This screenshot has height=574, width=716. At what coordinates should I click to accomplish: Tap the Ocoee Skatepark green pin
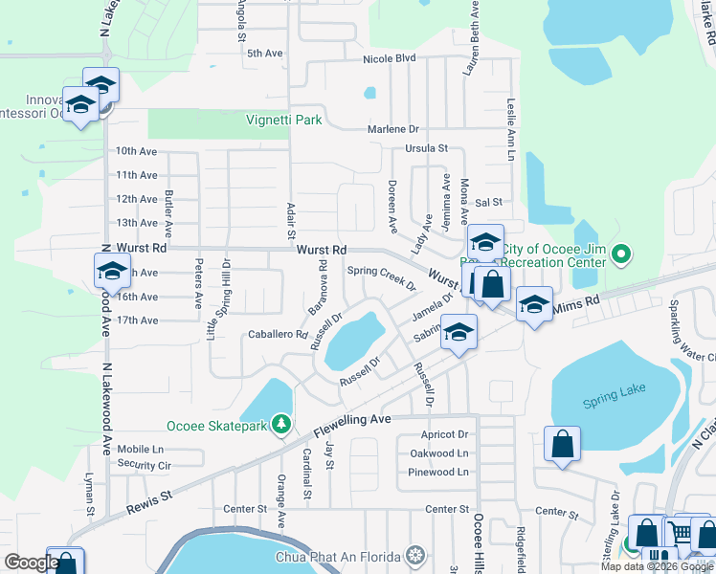coord(280,423)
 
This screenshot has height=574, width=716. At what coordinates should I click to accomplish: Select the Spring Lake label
coord(614,390)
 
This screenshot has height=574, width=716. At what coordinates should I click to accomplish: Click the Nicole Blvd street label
coord(390,58)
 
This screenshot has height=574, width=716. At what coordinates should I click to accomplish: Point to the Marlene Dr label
coord(394,129)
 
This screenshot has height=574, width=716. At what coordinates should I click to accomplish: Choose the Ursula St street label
coord(427,148)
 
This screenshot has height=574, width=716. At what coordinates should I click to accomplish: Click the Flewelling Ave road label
coord(354,420)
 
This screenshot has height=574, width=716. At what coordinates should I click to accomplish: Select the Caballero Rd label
coord(278,336)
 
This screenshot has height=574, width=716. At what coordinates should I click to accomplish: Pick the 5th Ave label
coord(266,54)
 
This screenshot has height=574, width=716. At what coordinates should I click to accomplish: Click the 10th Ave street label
coord(136,151)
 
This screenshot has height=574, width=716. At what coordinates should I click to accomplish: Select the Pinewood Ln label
coord(439,472)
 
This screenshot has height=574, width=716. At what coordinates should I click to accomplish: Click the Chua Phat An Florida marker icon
coord(414,555)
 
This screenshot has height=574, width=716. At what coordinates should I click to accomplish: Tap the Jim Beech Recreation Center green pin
coord(621,254)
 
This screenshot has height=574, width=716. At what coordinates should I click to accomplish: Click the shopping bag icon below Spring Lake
coord(561,444)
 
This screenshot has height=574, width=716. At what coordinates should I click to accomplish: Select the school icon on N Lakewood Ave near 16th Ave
coord(112,271)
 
